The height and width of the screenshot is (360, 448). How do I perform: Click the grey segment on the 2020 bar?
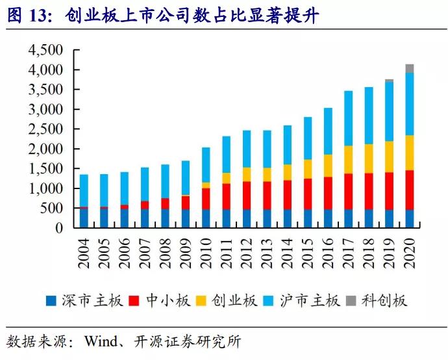(409, 68)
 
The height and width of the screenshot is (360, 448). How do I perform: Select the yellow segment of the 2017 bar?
(348, 159)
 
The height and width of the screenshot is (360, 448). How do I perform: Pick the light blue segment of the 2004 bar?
(84, 190)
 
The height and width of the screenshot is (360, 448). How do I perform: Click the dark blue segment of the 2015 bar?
(308, 218)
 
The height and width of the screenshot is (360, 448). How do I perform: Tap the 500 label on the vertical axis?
(51, 209)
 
